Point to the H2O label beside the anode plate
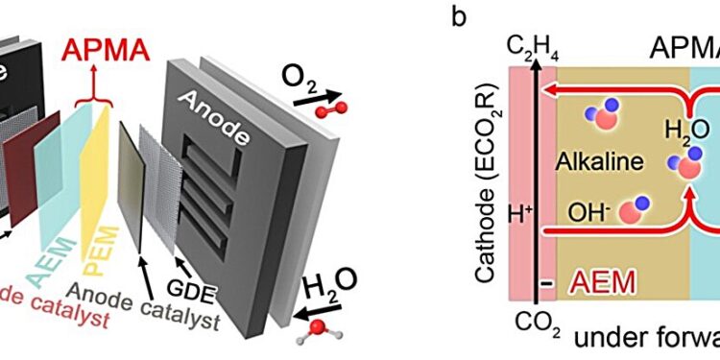(x=324, y=283)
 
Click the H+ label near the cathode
(x=519, y=210)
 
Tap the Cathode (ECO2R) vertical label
(x=486, y=191)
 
